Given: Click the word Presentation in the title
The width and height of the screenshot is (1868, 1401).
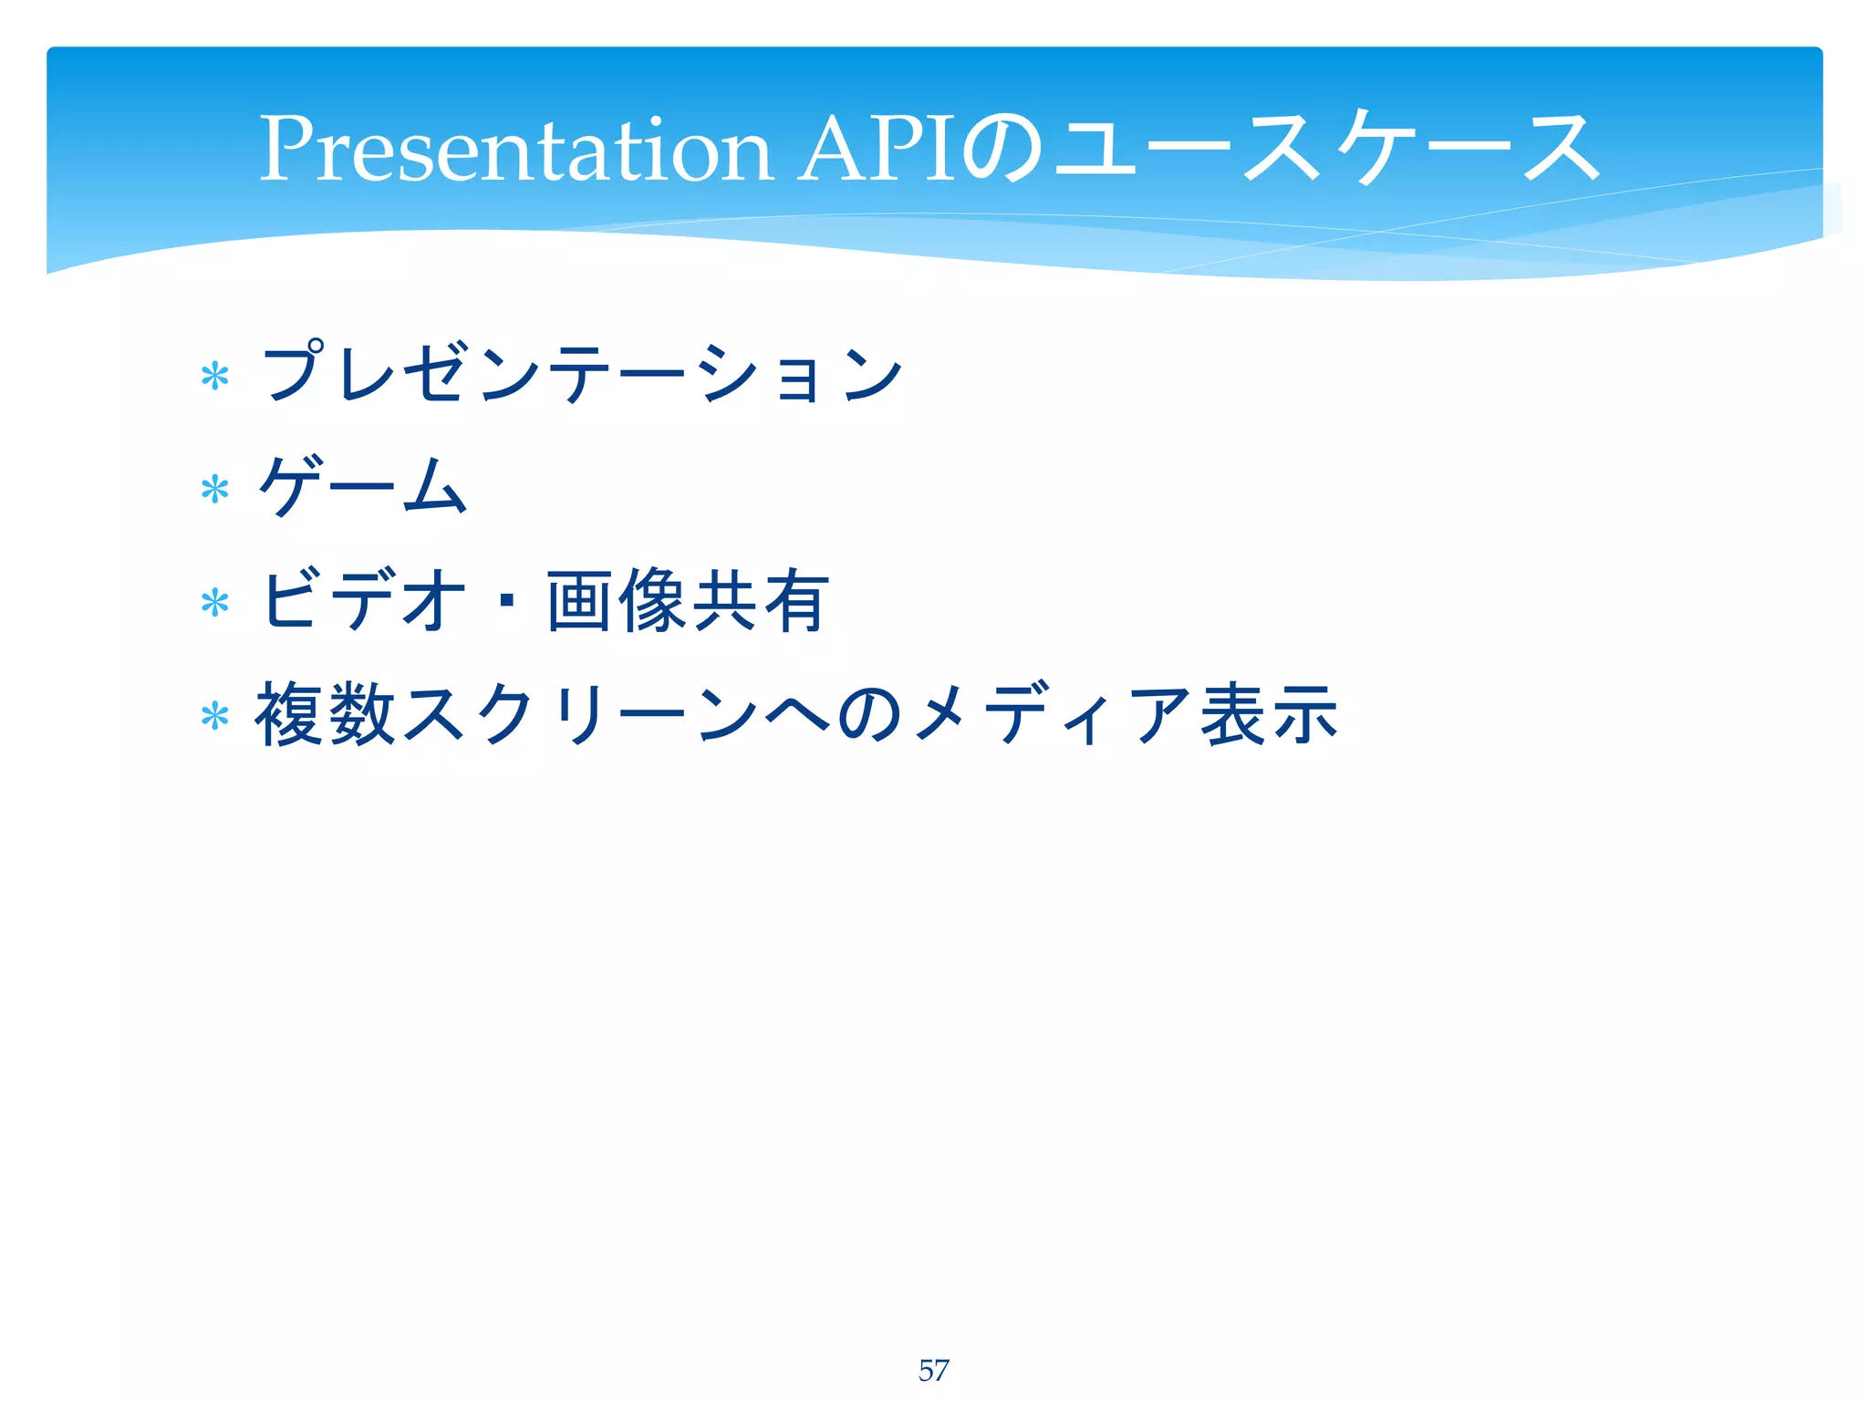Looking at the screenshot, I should point(515,149).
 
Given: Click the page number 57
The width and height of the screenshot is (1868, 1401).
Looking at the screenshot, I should point(933,1370).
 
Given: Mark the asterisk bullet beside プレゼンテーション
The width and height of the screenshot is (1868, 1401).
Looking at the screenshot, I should point(215,376).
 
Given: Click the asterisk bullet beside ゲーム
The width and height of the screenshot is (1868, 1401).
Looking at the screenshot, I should point(215,490).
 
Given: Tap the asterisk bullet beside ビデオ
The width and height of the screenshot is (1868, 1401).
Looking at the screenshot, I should point(215,603).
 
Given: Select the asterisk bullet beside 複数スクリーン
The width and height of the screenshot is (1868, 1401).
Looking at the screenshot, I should point(215,717).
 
